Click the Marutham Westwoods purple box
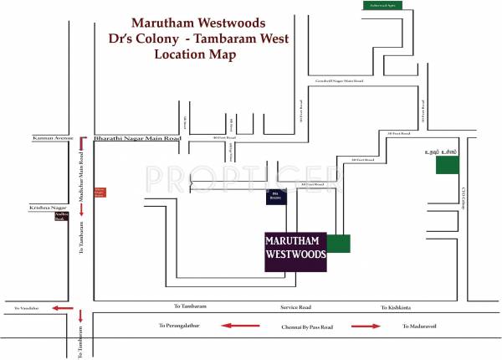[295, 251]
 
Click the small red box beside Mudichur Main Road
[100, 192]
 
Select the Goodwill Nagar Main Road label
[337, 81]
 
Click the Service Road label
[296, 307]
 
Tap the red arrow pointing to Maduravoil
[366, 325]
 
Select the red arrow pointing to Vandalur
[60, 307]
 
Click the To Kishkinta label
[394, 307]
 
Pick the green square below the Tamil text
[447, 164]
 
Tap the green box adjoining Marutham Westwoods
[339, 244]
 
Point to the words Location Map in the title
[195, 54]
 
